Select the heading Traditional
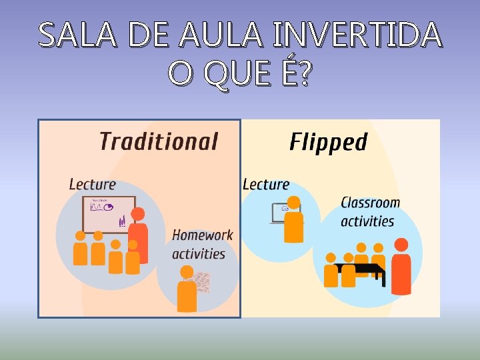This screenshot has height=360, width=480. click(x=159, y=141)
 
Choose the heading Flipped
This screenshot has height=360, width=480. click(x=328, y=142)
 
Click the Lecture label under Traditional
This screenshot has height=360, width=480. click(x=92, y=184)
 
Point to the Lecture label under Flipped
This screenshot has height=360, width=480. click(x=266, y=184)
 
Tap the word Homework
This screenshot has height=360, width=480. click(x=203, y=235)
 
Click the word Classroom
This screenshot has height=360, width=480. click(x=370, y=203)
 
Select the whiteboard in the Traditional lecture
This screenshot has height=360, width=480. click(x=108, y=213)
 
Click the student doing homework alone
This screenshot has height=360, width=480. click(x=187, y=289)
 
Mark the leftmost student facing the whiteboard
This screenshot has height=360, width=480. click(x=80, y=249)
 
